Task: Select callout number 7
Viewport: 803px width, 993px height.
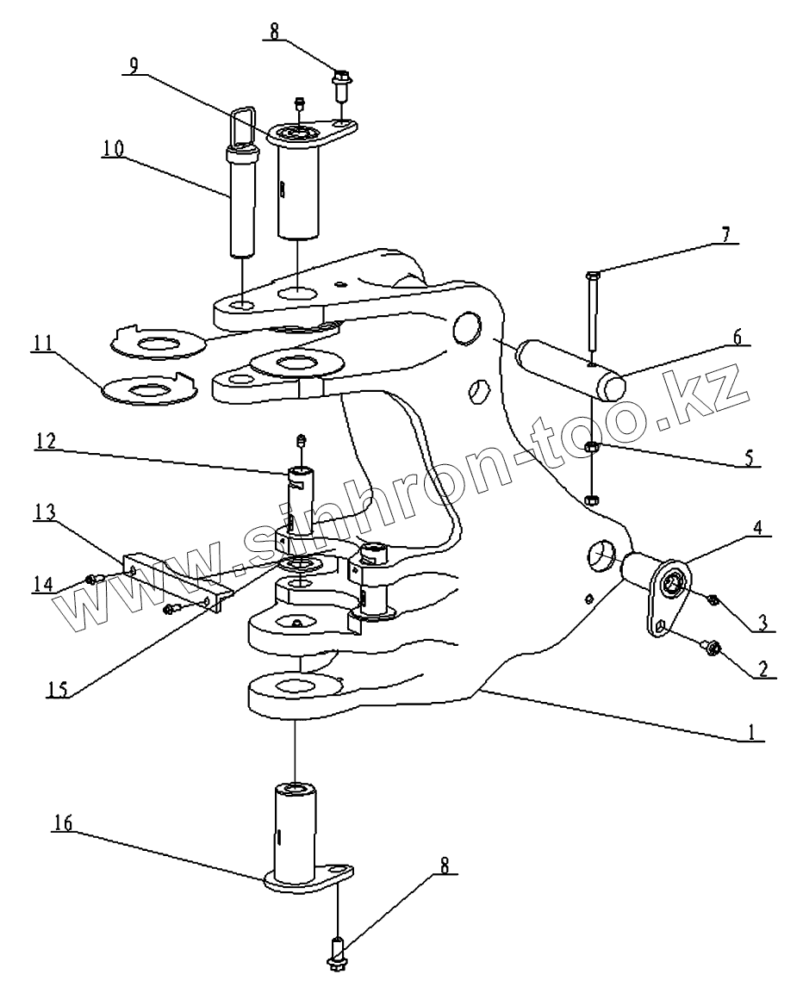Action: point(725,235)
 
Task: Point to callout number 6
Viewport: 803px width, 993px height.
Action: point(737,338)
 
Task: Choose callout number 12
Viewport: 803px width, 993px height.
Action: point(47,441)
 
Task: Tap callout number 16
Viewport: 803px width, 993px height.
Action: point(64,823)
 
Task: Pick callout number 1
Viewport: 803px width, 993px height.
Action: point(751,733)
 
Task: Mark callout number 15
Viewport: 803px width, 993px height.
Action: point(56,689)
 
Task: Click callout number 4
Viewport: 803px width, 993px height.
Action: point(758,528)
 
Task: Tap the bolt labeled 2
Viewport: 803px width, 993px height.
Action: point(708,646)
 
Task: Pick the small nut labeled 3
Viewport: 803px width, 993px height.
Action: point(713,599)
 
